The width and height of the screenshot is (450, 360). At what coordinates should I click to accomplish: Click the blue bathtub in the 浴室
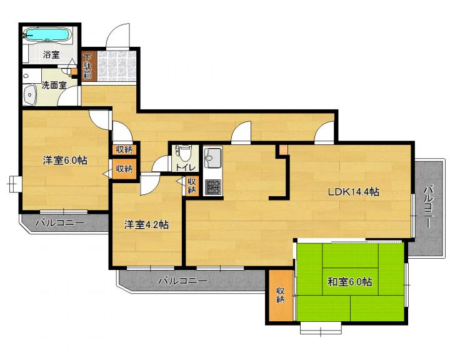point(47,35)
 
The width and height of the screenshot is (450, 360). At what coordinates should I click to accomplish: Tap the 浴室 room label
point(51,54)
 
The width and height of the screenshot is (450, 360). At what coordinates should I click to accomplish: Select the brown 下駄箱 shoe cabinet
point(87,67)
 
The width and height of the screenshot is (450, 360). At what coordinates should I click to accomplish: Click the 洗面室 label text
point(54,85)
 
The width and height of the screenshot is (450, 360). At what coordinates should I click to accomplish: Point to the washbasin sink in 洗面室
point(30,94)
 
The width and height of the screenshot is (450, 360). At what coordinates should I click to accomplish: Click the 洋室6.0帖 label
point(65,160)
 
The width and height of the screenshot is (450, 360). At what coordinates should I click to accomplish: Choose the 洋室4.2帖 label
point(146,225)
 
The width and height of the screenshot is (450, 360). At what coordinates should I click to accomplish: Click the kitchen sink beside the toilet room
point(212,158)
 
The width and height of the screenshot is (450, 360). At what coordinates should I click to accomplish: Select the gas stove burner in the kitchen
point(213,187)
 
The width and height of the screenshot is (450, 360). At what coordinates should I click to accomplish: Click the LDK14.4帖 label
point(353,192)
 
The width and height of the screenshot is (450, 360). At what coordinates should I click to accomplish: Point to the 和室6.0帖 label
point(350,282)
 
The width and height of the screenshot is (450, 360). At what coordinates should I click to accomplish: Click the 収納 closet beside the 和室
point(280,296)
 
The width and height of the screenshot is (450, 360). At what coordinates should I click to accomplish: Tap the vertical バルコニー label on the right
point(428,206)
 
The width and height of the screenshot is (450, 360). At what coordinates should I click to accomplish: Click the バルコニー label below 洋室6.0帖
point(60,222)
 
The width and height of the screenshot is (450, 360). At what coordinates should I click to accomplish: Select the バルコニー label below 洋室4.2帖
point(183,280)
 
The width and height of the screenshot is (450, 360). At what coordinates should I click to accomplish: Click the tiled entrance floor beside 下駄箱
point(116,67)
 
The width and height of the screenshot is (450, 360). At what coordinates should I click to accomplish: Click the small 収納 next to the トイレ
point(192,186)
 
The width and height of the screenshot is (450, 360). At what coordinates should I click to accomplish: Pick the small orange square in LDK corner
point(283,149)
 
